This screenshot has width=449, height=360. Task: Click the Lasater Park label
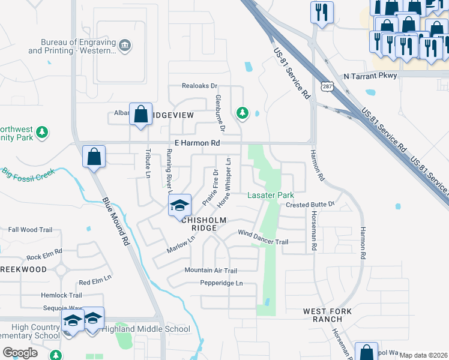(271, 196)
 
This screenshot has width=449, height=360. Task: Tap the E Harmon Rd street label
(197, 143)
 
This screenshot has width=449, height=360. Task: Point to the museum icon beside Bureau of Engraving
(125, 46)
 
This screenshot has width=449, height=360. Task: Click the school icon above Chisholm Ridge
(179, 206)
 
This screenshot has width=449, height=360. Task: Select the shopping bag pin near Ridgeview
(140, 113)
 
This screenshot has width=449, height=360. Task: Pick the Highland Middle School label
(146, 329)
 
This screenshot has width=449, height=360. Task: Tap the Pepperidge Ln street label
(221, 283)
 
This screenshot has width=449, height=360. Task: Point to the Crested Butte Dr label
(310, 205)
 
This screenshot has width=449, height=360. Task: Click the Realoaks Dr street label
(200, 86)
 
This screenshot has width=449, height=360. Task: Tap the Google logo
(20, 353)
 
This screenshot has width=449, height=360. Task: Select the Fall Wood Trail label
(31, 230)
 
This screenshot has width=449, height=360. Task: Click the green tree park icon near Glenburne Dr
(243, 112)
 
